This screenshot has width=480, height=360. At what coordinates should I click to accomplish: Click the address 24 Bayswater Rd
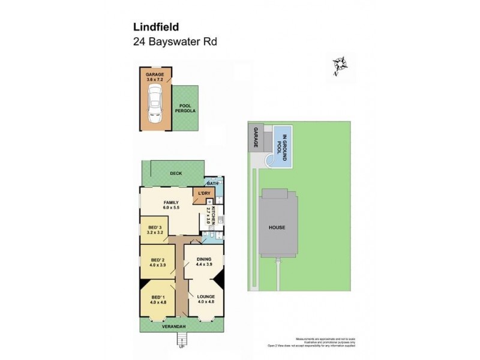pos(174,42)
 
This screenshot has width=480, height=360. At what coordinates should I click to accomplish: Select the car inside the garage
pos(155,104)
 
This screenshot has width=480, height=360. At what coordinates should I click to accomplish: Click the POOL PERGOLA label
pos(185,108)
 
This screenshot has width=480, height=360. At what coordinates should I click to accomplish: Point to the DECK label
pos(176,173)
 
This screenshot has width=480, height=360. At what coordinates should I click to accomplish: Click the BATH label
pos(212,183)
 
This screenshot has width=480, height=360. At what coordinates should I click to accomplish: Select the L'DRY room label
pos(205,193)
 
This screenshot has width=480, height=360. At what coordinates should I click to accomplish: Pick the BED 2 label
pos(157,260)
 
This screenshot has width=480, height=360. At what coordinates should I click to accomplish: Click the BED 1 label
pos(157,298)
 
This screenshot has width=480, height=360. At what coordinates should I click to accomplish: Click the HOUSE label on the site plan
pos(277,227)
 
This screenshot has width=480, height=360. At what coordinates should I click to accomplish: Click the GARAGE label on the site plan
pos(255,138)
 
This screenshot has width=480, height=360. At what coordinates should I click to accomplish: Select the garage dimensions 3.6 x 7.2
pos(155,79)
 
